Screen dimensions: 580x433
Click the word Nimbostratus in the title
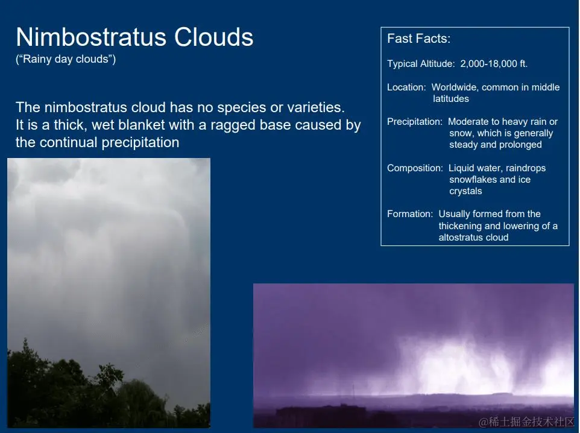click(91, 37)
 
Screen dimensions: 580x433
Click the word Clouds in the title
click(214, 37)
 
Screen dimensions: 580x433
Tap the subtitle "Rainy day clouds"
click(66, 59)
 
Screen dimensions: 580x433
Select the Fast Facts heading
click(419, 39)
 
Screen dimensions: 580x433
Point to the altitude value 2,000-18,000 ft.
click(494, 64)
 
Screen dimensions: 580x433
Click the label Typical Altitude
click(421, 64)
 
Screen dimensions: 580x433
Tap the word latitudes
click(451, 99)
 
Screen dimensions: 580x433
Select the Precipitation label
click(415, 122)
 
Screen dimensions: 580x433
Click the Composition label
click(415, 168)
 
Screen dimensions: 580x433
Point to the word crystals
click(465, 191)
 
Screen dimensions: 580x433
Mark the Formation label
click(410, 214)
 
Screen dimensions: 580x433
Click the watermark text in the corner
click(526, 422)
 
